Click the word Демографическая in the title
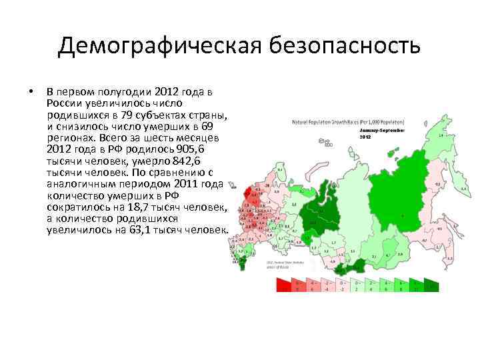pos(159,46)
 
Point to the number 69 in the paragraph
pos(208,125)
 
